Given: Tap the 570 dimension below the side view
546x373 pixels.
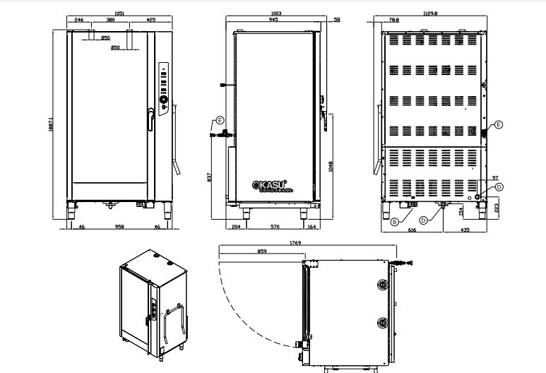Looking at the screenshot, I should (275, 227).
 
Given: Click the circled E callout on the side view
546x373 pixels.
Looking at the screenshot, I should (220, 119).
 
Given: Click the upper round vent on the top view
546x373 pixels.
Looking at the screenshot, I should (383, 285).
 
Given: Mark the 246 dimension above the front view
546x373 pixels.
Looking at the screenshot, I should (79, 20).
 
